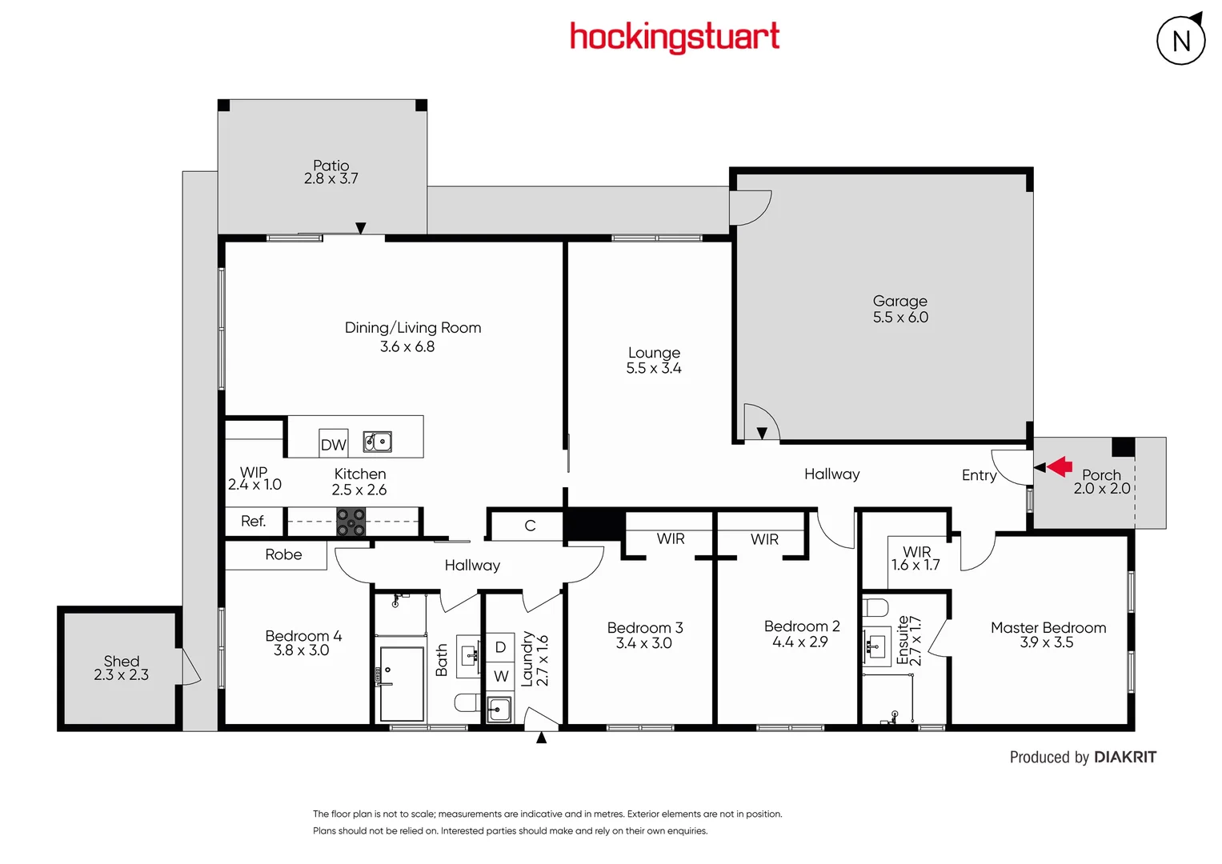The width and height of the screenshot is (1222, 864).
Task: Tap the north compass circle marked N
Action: point(1180,41)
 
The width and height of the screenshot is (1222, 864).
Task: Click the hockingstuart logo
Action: point(674,37)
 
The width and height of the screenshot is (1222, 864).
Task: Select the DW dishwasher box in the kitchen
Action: point(333,445)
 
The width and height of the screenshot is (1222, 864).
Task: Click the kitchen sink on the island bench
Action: point(378,442)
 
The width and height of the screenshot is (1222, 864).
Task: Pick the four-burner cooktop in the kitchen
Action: point(351,522)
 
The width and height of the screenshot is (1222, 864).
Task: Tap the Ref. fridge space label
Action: point(253,522)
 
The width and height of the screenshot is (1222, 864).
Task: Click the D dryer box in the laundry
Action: point(500,647)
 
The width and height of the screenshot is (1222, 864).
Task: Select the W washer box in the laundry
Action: point(500,677)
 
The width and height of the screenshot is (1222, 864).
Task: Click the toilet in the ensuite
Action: point(875,607)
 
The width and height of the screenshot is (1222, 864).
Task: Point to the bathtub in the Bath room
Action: point(401,684)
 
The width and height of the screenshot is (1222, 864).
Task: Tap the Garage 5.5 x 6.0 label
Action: point(900,309)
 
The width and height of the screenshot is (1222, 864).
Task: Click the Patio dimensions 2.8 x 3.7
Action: point(331,179)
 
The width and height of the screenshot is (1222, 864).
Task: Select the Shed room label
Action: point(121,661)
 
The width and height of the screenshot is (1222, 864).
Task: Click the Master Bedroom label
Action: point(1048,628)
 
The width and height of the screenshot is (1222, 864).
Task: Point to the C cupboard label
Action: point(530,526)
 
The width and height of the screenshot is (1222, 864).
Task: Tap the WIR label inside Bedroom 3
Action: point(671,539)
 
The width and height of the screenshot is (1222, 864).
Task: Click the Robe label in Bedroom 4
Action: point(283,554)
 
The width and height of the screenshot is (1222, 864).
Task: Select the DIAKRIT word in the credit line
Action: point(1124,757)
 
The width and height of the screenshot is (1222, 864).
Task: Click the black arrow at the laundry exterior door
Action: point(542,738)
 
